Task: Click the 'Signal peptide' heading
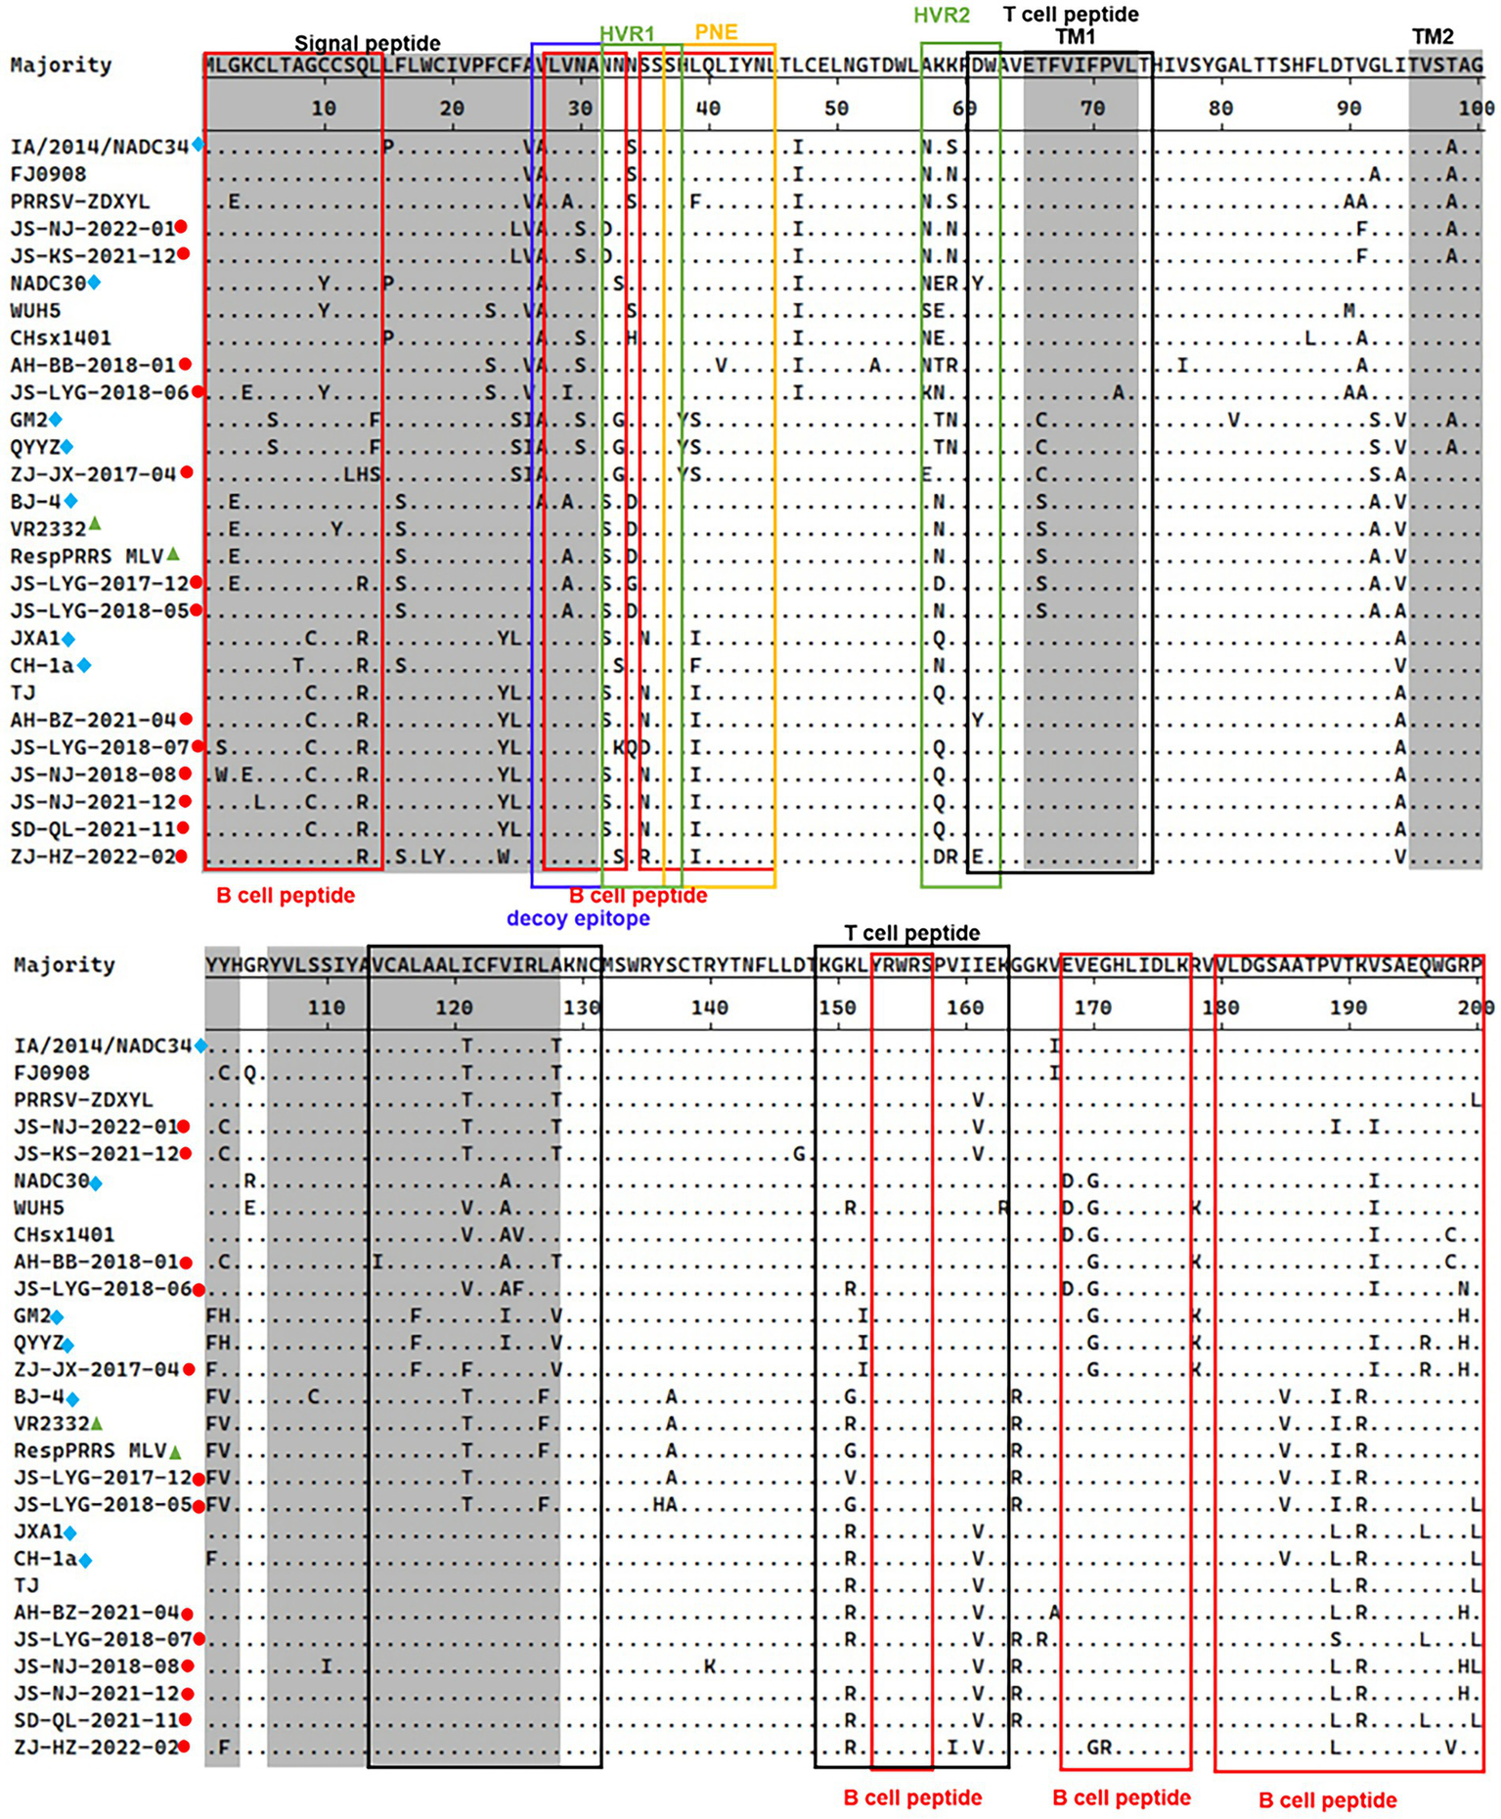coord(367,43)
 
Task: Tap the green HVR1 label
coord(627,34)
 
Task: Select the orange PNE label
coord(716,32)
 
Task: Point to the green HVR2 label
coord(942,16)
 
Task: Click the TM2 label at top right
coord(1433,37)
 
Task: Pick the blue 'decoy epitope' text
coord(578,918)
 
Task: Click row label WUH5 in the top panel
coord(35,310)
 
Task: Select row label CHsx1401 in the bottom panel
coord(64,1234)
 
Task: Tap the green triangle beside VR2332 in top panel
coord(95,524)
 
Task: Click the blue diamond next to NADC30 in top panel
coord(94,283)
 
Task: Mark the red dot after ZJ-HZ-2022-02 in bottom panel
coord(183,1747)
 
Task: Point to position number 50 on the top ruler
coord(836,109)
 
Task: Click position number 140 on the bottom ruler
coord(709,1007)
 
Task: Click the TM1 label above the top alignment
coord(1075,37)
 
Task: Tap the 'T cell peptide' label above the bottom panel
coord(911,933)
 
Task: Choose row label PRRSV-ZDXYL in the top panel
coord(80,200)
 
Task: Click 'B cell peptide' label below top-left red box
coord(285,895)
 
